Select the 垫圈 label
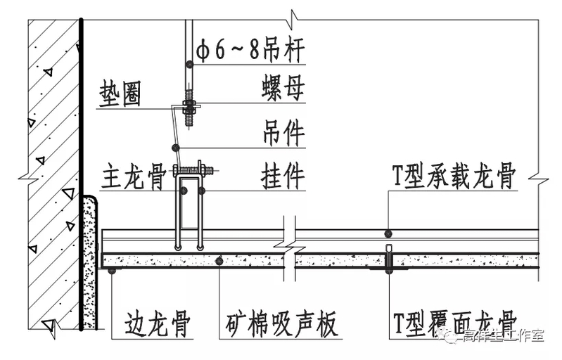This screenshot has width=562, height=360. point(122,94)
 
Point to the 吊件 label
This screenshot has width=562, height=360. point(283,133)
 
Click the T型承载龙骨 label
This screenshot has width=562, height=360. point(454,176)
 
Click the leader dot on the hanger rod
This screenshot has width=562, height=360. point(189,64)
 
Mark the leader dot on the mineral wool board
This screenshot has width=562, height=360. point(219,261)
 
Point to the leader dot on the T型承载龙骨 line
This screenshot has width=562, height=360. point(388,233)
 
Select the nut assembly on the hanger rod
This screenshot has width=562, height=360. point(189,108)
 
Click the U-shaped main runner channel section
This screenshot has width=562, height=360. point(189,204)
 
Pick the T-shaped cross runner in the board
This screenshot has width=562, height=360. point(388,259)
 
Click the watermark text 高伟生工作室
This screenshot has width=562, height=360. point(502,337)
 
